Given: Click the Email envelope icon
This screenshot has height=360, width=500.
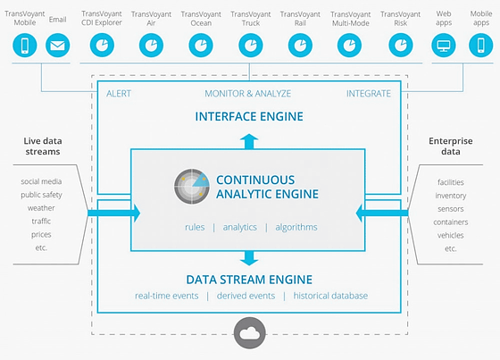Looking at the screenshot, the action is [x=58, y=46].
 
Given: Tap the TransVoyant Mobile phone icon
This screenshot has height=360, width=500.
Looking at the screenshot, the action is [x=25, y=46].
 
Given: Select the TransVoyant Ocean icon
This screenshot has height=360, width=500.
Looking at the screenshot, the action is [x=201, y=46].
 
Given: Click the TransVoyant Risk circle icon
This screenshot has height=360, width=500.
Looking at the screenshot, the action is [x=401, y=46].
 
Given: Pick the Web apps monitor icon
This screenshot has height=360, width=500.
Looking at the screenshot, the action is [x=444, y=46].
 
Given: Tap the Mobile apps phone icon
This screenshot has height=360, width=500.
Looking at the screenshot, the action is [x=481, y=46].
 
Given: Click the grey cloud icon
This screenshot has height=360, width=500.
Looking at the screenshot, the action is [x=250, y=333].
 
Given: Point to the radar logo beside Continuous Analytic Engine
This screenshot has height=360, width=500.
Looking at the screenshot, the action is [x=192, y=187].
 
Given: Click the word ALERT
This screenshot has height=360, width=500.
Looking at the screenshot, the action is [x=119, y=94].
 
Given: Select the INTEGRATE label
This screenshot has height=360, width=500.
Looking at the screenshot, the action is [x=369, y=94].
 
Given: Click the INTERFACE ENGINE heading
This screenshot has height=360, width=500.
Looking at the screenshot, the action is [x=249, y=116].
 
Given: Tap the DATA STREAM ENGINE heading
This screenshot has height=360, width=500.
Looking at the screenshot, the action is [x=249, y=280].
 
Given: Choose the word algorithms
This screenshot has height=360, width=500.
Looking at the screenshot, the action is [x=296, y=227].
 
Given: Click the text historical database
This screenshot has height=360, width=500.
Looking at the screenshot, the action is [x=330, y=296].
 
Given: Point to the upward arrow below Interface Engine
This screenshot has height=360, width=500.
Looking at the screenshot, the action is [x=249, y=141].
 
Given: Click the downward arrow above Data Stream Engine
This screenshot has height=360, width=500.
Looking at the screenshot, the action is [x=249, y=258].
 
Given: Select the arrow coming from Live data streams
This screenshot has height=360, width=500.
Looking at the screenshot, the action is [x=114, y=213].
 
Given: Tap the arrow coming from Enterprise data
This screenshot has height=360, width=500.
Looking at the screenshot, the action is [x=382, y=213].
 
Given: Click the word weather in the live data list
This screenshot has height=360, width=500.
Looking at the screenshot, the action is [x=41, y=208].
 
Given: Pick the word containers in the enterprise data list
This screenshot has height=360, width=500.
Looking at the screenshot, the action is [x=451, y=222].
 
